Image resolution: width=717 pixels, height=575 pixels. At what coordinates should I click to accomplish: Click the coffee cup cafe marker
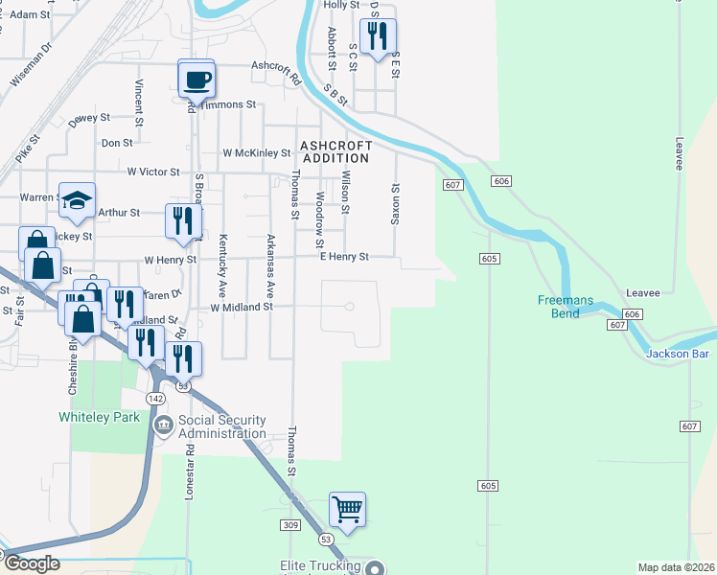pyautogui.click(x=197, y=79)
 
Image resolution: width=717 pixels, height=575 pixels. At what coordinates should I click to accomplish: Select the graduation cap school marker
pyautogui.click(x=77, y=200)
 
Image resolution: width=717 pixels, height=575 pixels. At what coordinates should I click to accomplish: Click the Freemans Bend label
pyautogui.click(x=565, y=307)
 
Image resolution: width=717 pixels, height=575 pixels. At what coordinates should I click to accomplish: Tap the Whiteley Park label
pyautogui.click(x=99, y=417)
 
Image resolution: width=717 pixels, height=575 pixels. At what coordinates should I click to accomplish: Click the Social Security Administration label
pyautogui.click(x=221, y=427)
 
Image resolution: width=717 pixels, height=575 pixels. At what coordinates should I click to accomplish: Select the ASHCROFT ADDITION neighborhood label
pyautogui.click(x=335, y=151)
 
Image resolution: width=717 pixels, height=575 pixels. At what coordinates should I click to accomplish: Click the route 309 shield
pyautogui.click(x=291, y=525)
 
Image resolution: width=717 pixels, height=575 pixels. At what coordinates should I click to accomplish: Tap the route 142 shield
pyautogui.click(x=156, y=398)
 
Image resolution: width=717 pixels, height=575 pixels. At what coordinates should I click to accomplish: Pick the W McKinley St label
pyautogui.click(x=256, y=152)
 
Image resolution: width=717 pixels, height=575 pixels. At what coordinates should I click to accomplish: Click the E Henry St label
pyautogui.click(x=344, y=257)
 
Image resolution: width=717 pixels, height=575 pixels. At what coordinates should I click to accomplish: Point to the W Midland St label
pyautogui.click(x=243, y=308)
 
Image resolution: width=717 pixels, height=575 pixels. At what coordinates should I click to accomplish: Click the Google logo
pyautogui.click(x=32, y=563)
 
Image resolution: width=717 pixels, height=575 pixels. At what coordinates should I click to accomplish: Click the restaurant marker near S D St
pyautogui.click(x=380, y=36)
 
